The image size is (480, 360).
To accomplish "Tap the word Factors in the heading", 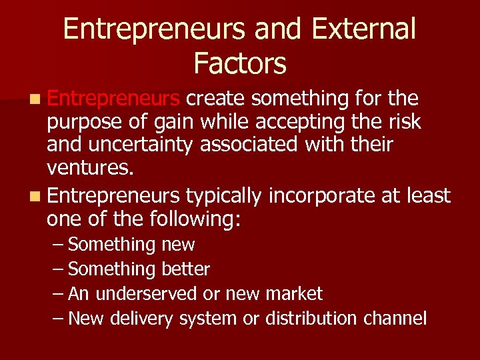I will [240, 64].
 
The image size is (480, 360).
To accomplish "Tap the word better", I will [185, 269].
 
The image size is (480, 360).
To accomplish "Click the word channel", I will [395, 319].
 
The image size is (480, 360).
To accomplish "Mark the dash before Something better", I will [58, 269].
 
